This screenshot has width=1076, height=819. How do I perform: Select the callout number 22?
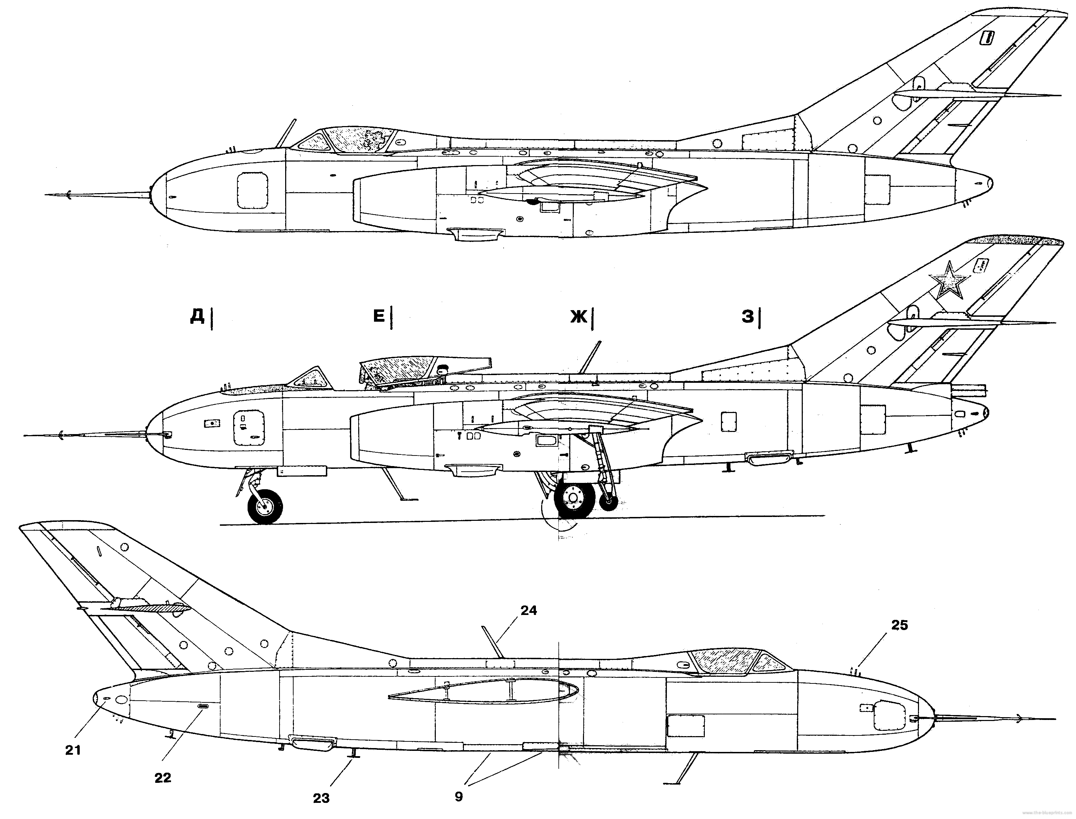coord(163,778)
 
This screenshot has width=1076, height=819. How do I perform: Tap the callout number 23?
coord(321,798)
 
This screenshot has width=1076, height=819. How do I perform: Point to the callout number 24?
coord(529,610)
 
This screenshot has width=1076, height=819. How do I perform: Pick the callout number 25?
coord(899,625)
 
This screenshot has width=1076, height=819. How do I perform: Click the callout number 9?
coord(458,797)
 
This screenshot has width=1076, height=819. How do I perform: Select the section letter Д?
coord(197,317)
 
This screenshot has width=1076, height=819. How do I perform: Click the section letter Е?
coord(379,317)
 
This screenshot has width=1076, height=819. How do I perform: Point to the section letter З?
coord(747,317)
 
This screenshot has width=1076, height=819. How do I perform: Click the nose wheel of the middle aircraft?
coord(265,507)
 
